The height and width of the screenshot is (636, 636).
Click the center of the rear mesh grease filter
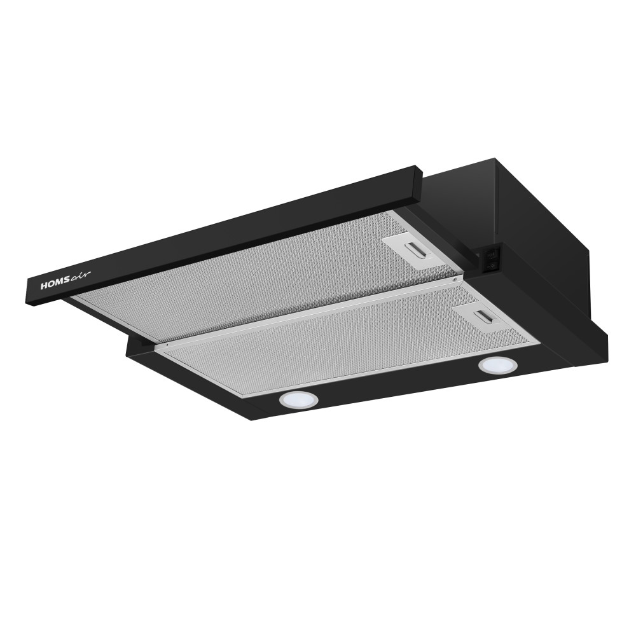point(259,280)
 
